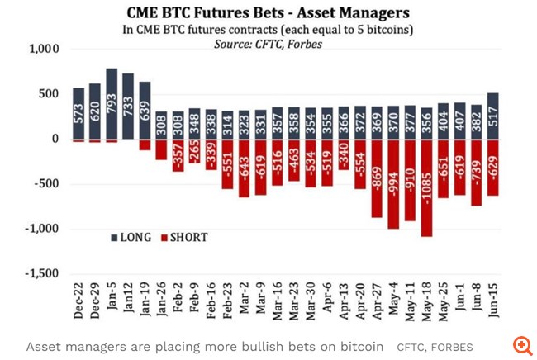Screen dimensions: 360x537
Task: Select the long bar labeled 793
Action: [112, 104]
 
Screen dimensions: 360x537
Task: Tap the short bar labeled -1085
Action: [426, 188]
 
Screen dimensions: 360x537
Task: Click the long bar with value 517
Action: [493, 116]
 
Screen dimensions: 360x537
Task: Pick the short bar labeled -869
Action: [376, 178]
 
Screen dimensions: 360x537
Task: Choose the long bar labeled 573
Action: [78, 114]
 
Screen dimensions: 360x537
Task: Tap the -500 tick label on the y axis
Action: [46, 183]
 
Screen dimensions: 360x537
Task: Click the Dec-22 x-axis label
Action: [78, 302]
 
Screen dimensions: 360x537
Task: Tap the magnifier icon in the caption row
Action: [521, 345]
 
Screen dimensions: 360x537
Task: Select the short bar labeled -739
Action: [477, 172]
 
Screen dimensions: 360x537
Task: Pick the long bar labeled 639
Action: [145, 111]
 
